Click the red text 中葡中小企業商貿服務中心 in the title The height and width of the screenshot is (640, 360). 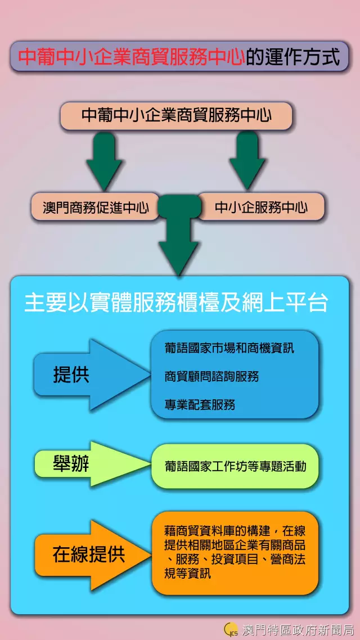click(131, 57)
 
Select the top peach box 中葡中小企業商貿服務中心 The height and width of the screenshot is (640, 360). click(176, 115)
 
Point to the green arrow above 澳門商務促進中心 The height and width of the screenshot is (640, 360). click(104, 160)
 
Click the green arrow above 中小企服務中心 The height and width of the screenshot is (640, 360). click(247, 160)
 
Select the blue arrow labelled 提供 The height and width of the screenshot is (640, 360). click(84, 375)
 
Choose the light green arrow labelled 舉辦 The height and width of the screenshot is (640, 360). click(84, 465)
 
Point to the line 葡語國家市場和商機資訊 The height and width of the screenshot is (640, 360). click(229, 349)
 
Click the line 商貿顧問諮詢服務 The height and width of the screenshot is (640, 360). click(211, 376)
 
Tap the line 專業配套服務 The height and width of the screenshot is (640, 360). click(200, 404)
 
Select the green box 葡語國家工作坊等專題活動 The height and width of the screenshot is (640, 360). click(235, 466)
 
